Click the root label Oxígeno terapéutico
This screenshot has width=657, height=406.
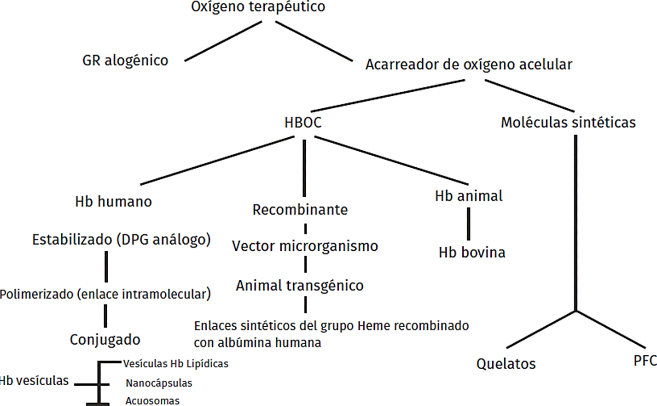258,7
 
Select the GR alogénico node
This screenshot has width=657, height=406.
125,60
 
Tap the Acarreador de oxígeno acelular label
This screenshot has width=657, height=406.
469,65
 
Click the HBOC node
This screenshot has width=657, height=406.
303,123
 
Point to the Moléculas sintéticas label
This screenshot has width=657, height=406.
568,123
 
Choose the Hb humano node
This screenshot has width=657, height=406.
113,201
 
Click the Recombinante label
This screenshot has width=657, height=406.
300,210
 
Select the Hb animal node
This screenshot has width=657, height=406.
469,196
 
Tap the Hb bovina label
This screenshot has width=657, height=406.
472,253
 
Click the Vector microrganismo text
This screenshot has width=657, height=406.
305,246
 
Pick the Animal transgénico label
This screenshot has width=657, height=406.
300,286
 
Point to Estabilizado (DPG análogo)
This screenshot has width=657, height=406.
121,240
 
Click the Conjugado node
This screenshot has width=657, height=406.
105,340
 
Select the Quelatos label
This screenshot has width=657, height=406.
506,364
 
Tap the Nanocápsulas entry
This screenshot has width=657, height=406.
159,383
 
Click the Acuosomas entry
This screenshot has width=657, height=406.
152,401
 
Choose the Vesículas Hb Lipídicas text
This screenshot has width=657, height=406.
175,364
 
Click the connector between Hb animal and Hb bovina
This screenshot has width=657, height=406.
469,224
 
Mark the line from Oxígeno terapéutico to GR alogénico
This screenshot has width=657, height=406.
223,41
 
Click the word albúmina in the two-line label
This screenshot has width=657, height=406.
243,343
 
